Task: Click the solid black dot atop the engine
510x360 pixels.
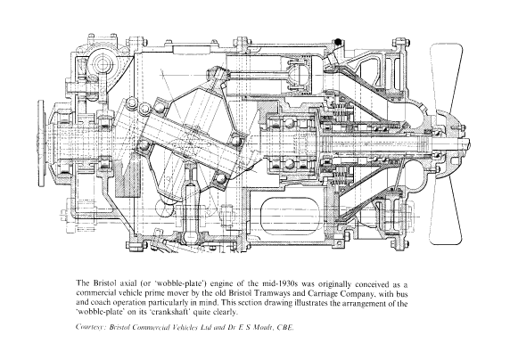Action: (x=338, y=42)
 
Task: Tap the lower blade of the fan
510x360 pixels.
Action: (x=446, y=211)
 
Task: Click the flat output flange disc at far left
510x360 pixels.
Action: (x=41, y=143)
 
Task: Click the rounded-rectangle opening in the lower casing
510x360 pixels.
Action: (x=291, y=215)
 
